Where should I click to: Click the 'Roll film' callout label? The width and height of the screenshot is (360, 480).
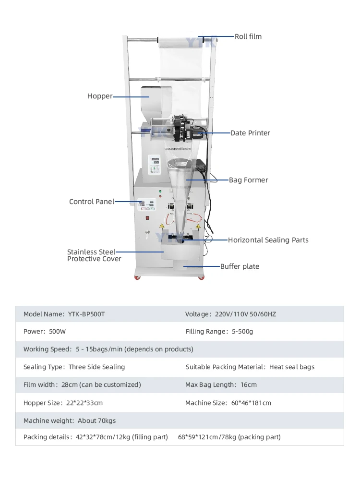coord(248,36)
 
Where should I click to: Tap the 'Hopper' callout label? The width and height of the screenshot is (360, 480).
coord(100,96)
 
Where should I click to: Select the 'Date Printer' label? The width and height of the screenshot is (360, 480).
coord(250,133)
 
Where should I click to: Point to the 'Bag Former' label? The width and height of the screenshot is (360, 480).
coord(248,180)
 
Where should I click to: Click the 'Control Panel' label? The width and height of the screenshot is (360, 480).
coord(92,202)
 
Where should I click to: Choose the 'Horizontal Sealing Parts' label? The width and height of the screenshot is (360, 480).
coord(268,240)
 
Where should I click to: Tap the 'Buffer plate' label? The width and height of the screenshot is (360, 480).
coord(240,266)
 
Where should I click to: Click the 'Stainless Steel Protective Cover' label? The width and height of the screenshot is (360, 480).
coord(94,255)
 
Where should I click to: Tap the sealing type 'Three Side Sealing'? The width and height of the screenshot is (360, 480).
coord(96,367)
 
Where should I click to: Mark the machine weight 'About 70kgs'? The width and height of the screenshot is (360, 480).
coord(96,421)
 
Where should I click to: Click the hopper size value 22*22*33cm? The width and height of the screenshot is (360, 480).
coord(84,403)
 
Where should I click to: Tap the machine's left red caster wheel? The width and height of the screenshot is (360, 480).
coord(138,278)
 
